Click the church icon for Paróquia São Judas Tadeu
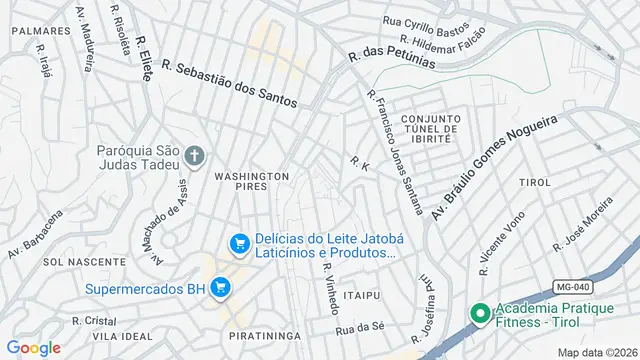(194, 156)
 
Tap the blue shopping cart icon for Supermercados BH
(220, 289)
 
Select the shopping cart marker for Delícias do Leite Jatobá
(239, 244)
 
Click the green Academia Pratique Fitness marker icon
(479, 315)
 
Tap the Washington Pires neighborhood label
(251, 181)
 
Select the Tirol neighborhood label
(535, 183)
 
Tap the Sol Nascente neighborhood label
(71, 261)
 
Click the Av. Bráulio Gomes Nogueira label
(493, 167)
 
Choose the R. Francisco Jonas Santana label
(394, 152)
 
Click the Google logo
(34, 347)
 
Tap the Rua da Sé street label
(360, 327)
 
